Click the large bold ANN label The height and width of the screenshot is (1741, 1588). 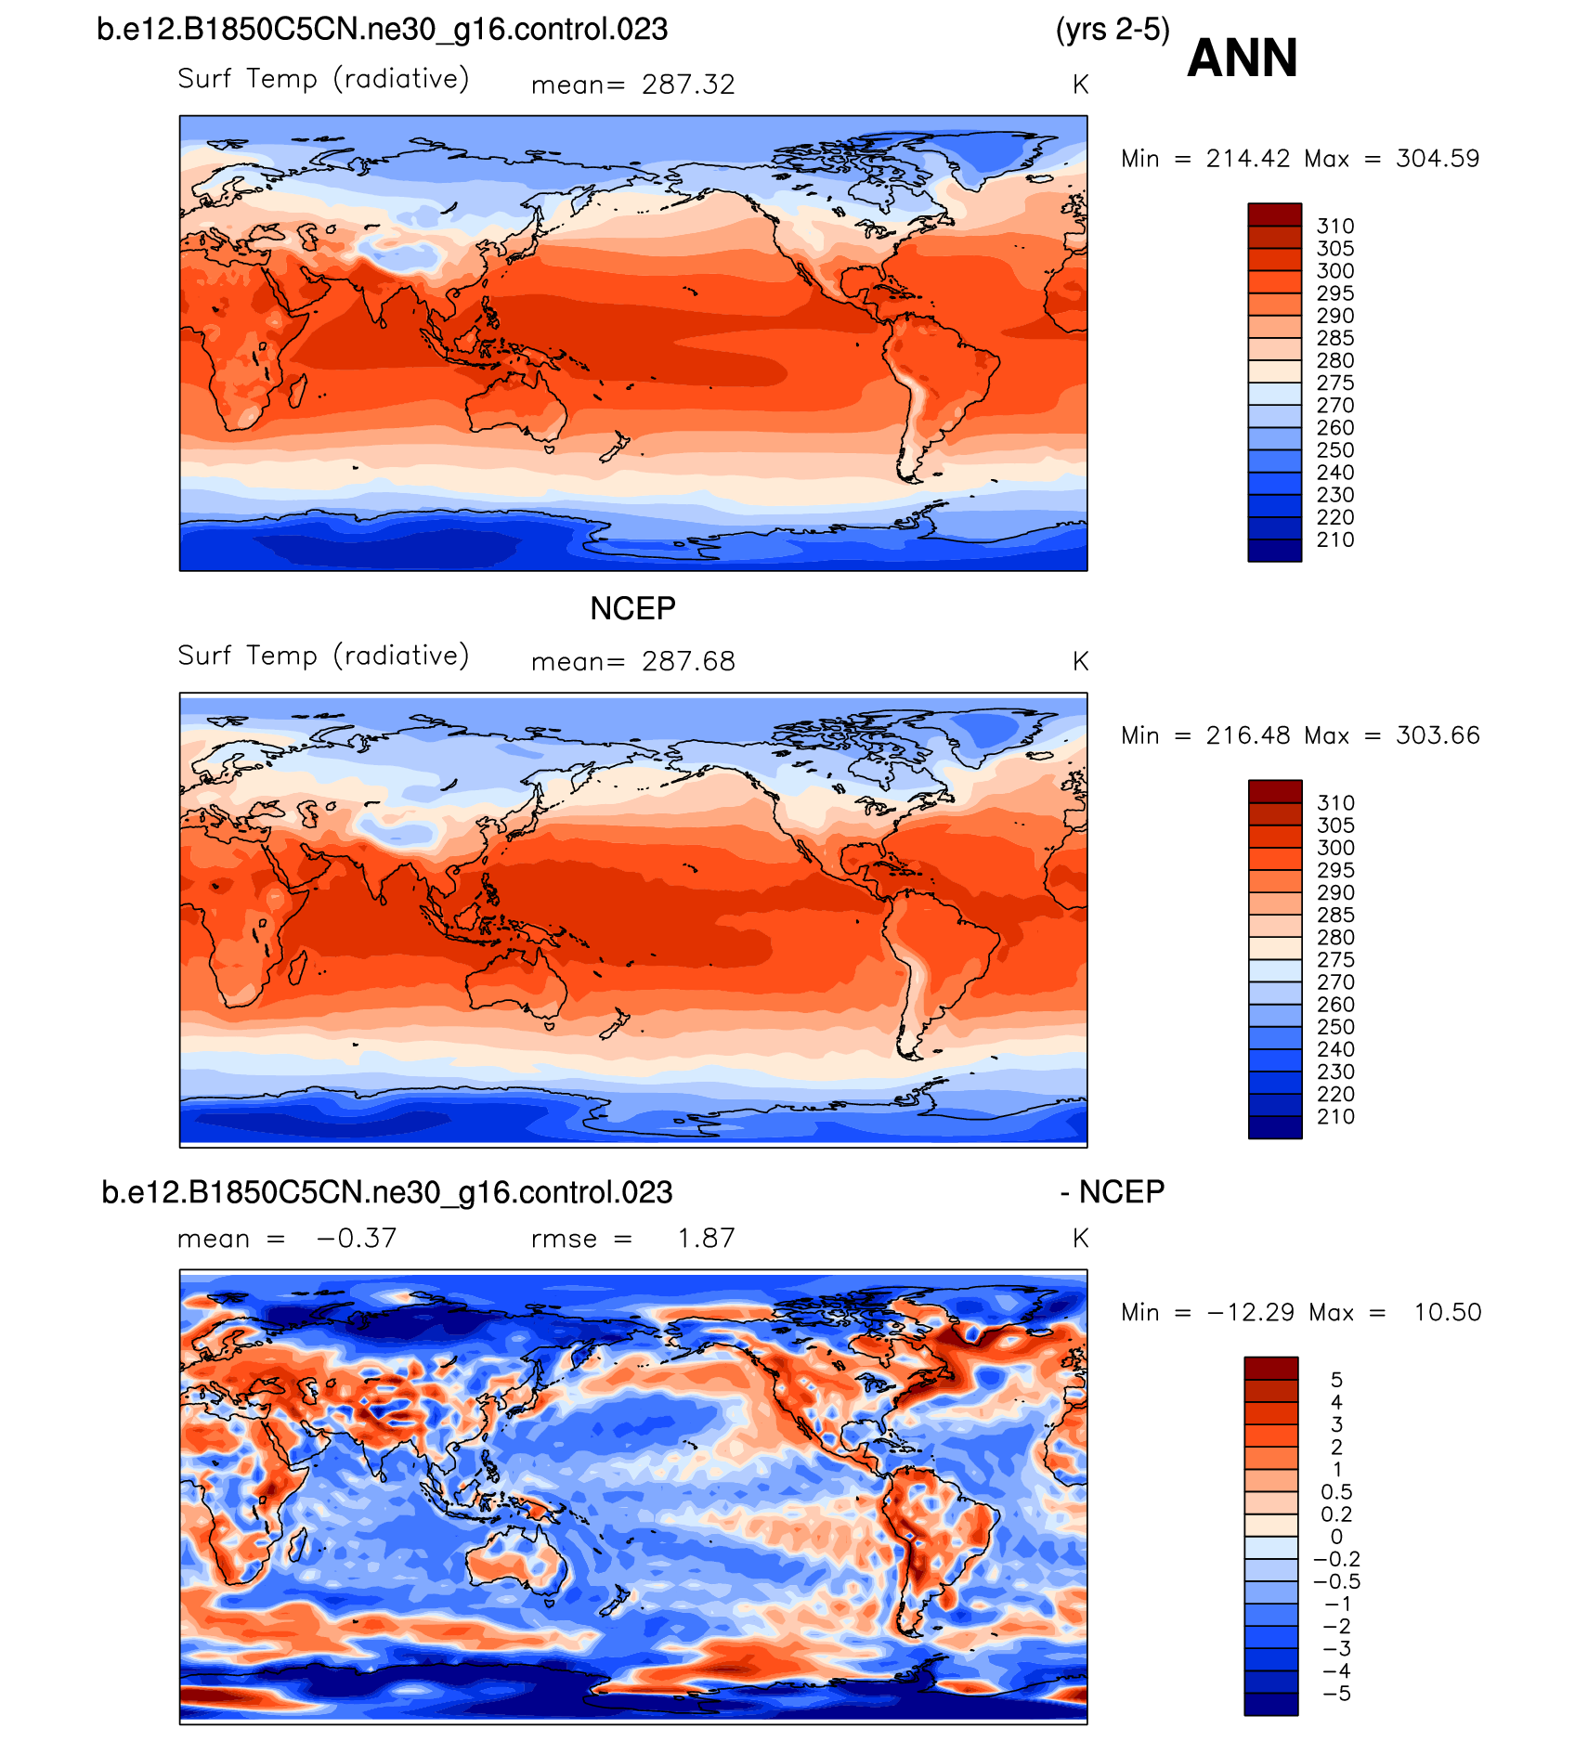1242,58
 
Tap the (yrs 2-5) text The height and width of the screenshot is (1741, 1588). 1113,30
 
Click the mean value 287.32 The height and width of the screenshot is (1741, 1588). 688,84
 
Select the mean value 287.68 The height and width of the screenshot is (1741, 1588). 688,661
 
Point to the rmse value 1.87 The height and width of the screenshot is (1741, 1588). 706,1238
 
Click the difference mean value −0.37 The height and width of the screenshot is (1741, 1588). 357,1238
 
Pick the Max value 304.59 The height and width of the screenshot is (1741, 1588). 1438,159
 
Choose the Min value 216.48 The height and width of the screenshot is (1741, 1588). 1248,735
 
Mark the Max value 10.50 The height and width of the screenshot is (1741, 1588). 1447,1312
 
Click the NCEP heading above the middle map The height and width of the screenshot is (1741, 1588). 632,608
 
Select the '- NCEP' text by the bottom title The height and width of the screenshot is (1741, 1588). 1113,1191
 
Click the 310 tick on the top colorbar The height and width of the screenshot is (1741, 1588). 1335,227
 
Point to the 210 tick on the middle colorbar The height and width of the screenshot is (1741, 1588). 1335,1117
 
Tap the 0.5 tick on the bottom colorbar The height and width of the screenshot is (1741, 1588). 1336,1492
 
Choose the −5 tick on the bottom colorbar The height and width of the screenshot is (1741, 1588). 1336,1694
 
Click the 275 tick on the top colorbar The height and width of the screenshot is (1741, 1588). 1335,383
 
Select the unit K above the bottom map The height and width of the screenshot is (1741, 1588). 1080,1238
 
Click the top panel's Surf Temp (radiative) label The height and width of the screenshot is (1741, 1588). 323,79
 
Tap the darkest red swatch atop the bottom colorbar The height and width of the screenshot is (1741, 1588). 1271,1368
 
